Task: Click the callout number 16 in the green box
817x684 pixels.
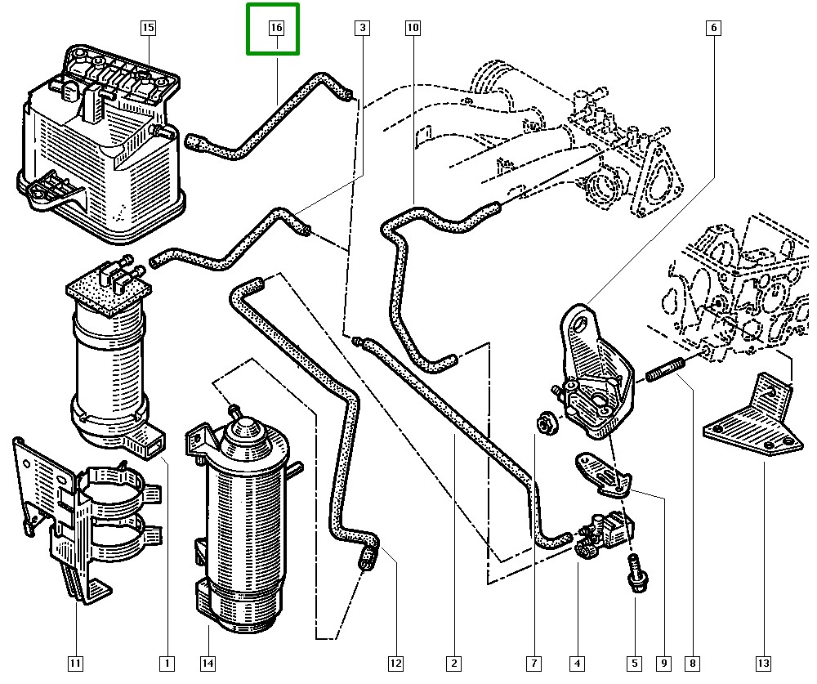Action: pos(276,28)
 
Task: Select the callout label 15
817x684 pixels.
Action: pos(148,28)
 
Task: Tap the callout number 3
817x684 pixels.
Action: pos(362,28)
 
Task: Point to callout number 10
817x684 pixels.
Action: pos(413,28)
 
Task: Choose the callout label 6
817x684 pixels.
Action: pos(713,28)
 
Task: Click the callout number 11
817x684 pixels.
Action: pos(75,663)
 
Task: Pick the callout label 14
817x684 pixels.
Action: pos(208,663)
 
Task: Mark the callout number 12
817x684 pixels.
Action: pos(396,663)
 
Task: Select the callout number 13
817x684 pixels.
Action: pos(764,663)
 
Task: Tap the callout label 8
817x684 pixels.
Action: pos(693,663)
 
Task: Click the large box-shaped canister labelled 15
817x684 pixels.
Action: pos(102,143)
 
